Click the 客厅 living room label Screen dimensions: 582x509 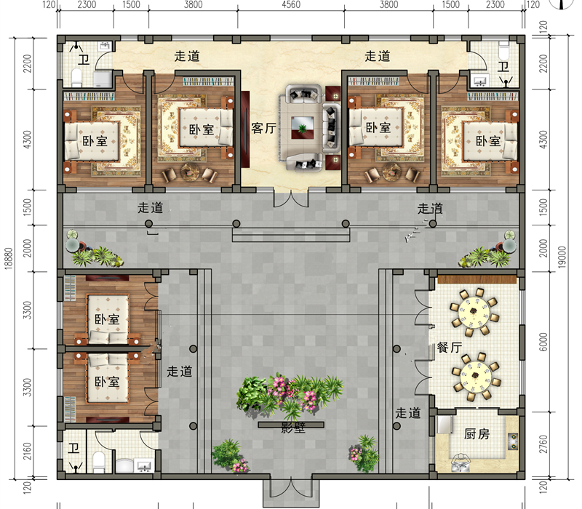[263, 129]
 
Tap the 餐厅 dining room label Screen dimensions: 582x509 [449, 348]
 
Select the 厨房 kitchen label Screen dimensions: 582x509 [477, 433]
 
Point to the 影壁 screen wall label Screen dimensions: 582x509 [293, 428]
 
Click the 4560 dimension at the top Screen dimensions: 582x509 [291, 5]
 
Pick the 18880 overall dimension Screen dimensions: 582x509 [9, 258]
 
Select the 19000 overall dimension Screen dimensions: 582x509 [562, 257]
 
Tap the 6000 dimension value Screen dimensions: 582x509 [543, 342]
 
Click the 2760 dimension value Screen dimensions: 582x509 [543, 444]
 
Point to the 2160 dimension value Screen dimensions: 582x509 [27, 451]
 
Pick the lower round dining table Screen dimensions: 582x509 [476, 377]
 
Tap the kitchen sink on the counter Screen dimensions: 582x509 [514, 441]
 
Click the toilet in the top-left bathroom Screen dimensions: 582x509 [77, 77]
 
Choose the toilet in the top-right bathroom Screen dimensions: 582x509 [503, 50]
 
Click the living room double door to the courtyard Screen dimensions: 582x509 [291, 198]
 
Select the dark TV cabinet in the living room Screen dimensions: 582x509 [245, 129]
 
